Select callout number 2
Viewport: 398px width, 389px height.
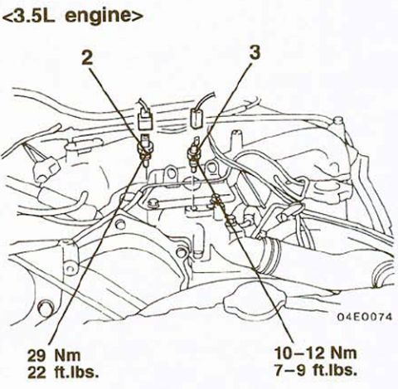[x=87, y=58]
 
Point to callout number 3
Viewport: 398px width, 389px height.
[x=255, y=52]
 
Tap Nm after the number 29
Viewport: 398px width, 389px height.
[x=67, y=355]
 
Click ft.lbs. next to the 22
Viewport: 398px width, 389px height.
[x=76, y=372]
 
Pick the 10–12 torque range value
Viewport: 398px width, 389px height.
[x=298, y=353]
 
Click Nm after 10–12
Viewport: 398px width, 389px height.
[x=343, y=353]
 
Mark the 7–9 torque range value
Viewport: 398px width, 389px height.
[x=290, y=370]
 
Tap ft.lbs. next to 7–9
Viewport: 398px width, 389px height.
[x=335, y=370]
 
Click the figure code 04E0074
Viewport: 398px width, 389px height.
[x=365, y=317]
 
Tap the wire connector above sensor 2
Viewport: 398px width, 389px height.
[x=145, y=119]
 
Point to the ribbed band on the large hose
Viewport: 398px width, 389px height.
[x=271, y=255]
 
